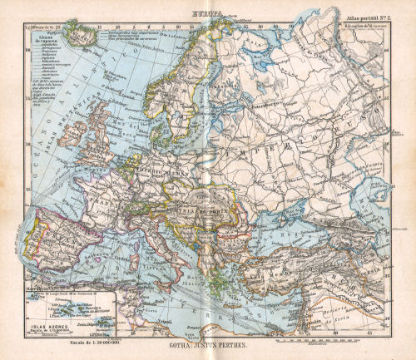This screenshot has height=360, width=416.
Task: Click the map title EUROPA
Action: tap(208, 16)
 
